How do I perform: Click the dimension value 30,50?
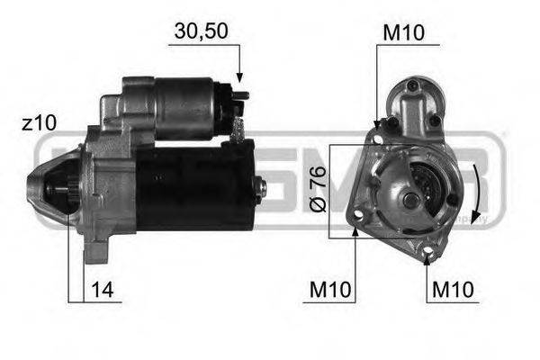199,31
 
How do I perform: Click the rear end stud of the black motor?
262,187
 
